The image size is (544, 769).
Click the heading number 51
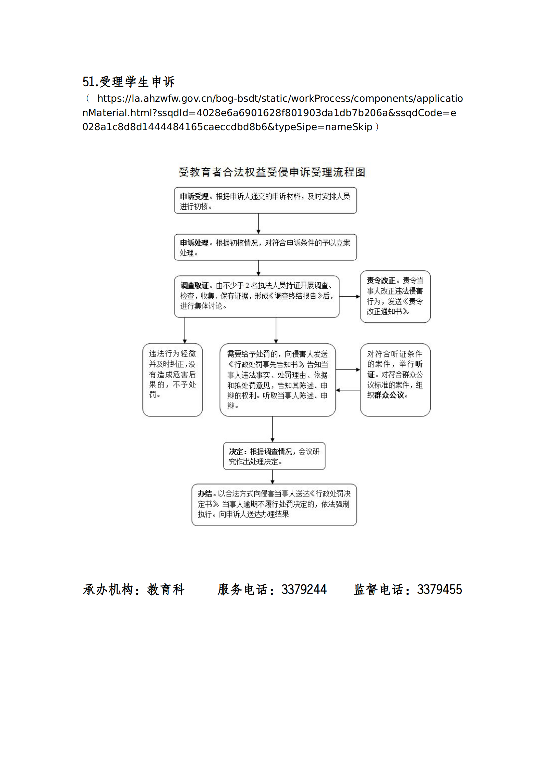[88, 82]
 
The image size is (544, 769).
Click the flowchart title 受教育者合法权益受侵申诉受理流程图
[272, 172]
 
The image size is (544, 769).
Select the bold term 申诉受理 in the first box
[194, 196]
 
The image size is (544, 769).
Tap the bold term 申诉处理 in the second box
[194, 243]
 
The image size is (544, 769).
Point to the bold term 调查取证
[194, 285]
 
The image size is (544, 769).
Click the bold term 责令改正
[381, 281]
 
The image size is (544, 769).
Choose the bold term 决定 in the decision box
[235, 452]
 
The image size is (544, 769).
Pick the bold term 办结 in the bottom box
[205, 494]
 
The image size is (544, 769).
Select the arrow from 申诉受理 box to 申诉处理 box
[258, 224]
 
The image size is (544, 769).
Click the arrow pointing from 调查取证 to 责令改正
[349, 297]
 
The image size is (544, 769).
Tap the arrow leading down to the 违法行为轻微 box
[185, 330]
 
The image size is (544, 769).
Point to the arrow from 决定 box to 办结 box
[273, 476]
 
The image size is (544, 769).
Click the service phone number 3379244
[304, 590]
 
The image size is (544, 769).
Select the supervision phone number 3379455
[439, 590]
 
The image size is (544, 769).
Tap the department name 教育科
[166, 590]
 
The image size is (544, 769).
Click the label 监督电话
[379, 590]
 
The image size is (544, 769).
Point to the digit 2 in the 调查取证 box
[247, 286]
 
